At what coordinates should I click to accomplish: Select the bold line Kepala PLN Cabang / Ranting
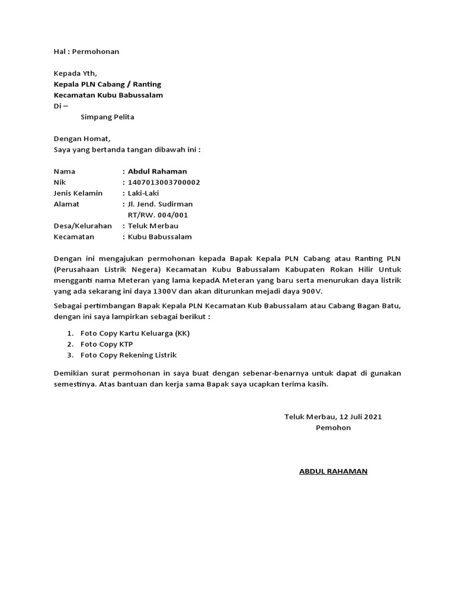point(107,84)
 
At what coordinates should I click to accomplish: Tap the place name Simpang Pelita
point(107,117)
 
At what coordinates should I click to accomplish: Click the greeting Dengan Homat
point(82,139)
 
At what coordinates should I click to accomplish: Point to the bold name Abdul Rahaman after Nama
point(157,171)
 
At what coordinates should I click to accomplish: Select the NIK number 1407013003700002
point(164,182)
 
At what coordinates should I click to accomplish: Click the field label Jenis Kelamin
point(78,193)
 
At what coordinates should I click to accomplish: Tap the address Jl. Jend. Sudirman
point(161,204)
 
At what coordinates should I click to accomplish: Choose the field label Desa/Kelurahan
point(83,226)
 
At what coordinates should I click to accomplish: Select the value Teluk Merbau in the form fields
point(153,226)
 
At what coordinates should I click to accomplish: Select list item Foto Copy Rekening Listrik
point(129,355)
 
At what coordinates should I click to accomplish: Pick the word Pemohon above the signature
point(333,427)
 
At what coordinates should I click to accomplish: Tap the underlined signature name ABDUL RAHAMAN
point(333,471)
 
